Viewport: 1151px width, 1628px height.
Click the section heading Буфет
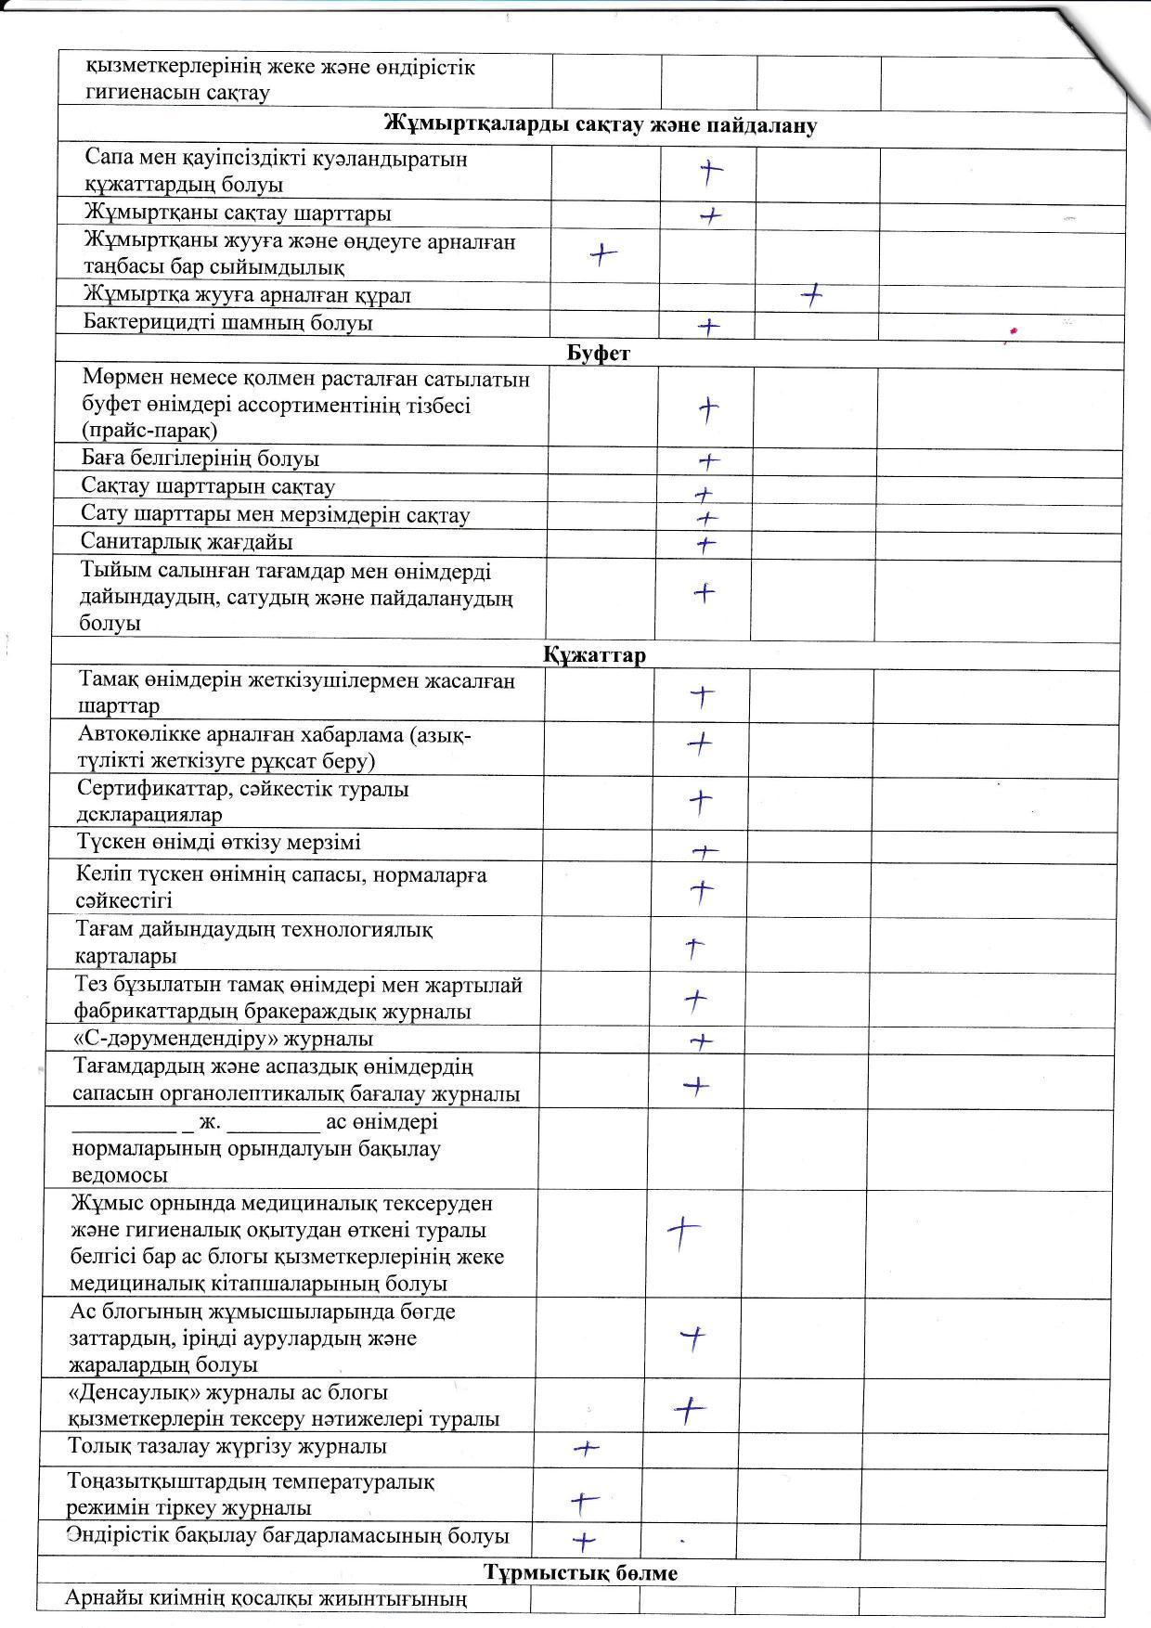click(x=598, y=354)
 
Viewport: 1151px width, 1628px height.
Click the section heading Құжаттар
click(x=594, y=655)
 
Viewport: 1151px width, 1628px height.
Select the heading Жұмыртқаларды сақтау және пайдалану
click(x=600, y=126)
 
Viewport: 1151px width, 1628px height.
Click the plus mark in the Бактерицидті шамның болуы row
click(x=708, y=327)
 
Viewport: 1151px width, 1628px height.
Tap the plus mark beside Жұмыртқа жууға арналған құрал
click(x=812, y=296)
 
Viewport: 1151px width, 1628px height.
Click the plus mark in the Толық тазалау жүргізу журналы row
click(x=587, y=1448)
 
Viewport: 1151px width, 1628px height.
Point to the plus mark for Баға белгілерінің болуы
click(x=708, y=460)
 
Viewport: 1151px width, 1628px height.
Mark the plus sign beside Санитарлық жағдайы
click(x=706, y=544)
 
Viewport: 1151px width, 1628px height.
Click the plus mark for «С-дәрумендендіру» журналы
click(x=702, y=1041)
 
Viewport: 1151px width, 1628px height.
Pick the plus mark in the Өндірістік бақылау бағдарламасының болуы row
click(x=583, y=1542)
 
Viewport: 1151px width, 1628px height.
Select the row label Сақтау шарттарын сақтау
click(x=208, y=487)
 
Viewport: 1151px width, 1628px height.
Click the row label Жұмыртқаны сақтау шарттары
click(x=237, y=213)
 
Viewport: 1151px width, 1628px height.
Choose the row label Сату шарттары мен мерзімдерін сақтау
click(x=275, y=515)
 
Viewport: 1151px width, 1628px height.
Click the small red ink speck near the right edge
click(x=1014, y=330)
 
